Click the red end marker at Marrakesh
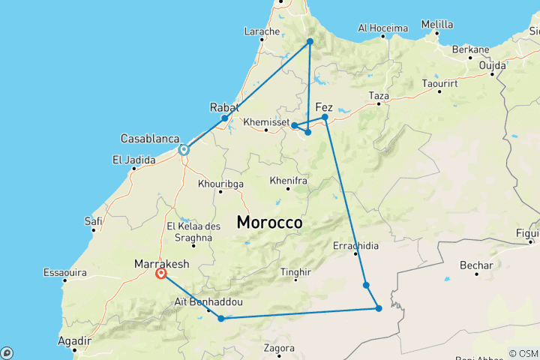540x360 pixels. [161, 274]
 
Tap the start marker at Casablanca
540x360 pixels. [184, 150]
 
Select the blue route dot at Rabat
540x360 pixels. [224, 118]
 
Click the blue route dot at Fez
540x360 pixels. [325, 117]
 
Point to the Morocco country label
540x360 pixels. [269, 223]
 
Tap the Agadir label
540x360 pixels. [74, 340]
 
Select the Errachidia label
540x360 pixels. [355, 245]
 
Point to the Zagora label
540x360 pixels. [280, 349]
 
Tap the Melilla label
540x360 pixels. [437, 24]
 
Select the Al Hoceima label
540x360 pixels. [382, 28]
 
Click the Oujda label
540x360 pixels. [493, 65]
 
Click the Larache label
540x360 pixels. [262, 31]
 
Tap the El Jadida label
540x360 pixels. [133, 159]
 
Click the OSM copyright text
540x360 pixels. [523, 352]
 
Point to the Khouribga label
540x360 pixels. [220, 183]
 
